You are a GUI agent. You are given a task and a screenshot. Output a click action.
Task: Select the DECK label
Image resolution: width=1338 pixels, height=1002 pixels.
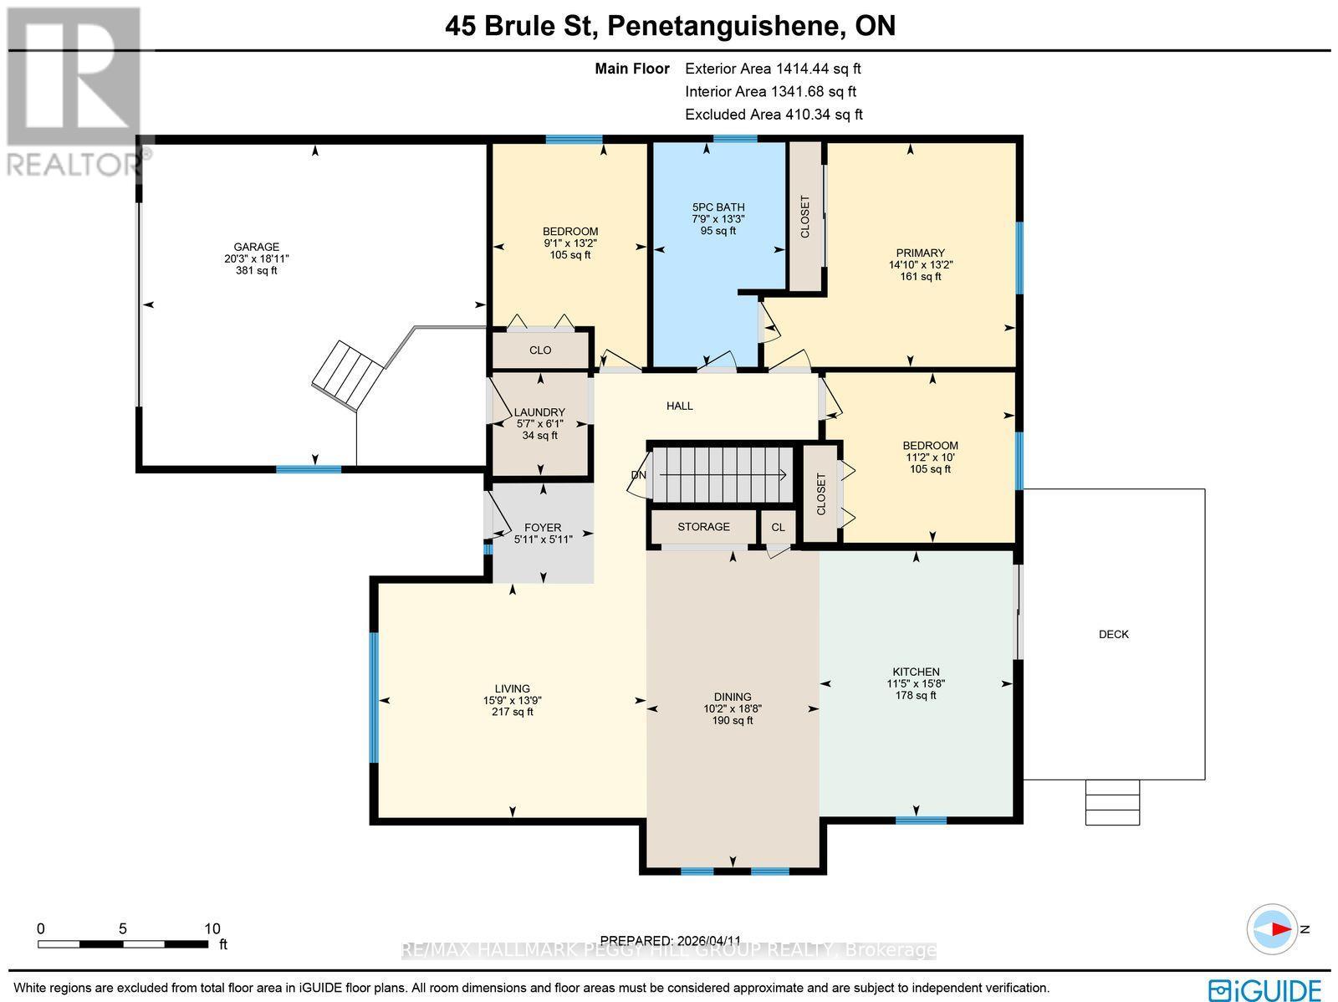pos(1114,635)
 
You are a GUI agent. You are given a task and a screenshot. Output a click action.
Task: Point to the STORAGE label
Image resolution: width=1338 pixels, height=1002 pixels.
pos(703,527)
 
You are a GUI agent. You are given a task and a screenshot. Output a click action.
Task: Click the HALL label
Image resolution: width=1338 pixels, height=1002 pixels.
pos(680,406)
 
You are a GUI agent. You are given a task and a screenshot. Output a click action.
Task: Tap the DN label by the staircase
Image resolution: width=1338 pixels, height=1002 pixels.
pos(639,475)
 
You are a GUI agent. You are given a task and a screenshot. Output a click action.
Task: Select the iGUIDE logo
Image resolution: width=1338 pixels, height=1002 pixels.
pos(1265,989)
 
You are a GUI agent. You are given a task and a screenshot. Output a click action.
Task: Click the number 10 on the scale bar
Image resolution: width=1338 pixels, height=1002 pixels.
pos(212,929)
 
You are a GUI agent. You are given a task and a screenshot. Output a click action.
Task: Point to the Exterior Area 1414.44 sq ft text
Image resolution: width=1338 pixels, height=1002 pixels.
pos(773,69)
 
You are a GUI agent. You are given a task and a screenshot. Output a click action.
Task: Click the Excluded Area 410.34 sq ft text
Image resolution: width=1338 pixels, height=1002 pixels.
pos(774,115)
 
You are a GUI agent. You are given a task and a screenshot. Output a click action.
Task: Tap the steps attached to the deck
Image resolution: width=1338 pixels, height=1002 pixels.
pos(1112,802)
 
